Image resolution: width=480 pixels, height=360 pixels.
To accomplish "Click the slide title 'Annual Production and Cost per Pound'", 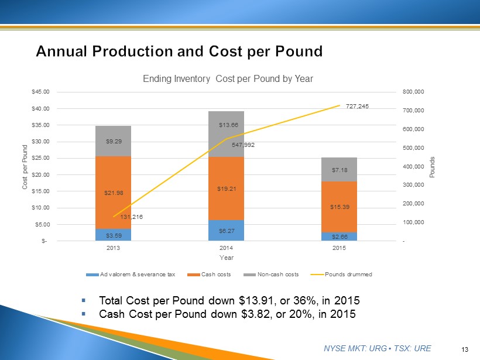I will (179, 52).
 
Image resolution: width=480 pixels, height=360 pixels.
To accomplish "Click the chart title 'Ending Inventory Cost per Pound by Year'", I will (228, 78).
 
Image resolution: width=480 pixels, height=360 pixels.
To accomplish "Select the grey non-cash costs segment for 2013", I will (114, 141).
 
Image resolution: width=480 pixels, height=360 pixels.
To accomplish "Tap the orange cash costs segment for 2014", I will (227, 188).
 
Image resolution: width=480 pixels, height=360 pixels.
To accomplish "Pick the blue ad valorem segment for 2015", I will (340, 236).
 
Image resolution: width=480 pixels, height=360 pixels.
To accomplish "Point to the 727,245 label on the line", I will (358, 106).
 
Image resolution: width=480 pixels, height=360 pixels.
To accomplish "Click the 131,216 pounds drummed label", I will (132, 217).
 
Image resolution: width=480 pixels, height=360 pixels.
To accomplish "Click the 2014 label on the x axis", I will (227, 249).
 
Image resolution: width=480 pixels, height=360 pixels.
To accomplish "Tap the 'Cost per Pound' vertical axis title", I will (25, 166).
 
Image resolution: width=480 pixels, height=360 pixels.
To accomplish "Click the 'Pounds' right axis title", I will (432, 166).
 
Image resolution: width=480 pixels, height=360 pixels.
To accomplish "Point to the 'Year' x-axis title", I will (227, 258).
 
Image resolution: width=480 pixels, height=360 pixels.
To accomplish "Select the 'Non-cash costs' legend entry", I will (275, 274).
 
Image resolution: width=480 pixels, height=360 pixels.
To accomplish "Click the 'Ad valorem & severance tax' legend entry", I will (138, 274).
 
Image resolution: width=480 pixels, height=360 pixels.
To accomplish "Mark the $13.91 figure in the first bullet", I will (258, 300).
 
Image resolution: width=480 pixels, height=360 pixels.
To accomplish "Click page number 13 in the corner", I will (465, 349).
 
